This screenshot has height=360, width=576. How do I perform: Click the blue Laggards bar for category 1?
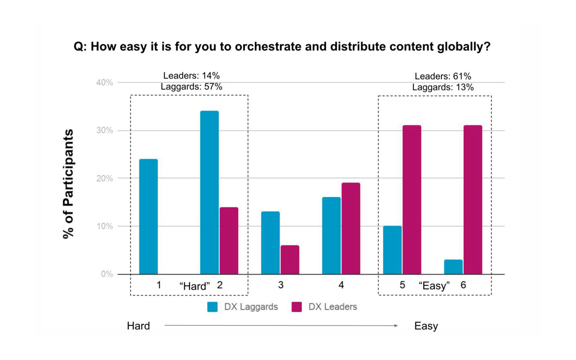(x=148, y=216)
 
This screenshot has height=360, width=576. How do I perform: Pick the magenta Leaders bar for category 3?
(x=290, y=260)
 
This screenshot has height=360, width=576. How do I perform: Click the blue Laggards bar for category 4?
(x=331, y=235)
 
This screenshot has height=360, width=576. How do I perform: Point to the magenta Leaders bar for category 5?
(x=412, y=200)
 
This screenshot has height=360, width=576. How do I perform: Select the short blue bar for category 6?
(x=453, y=267)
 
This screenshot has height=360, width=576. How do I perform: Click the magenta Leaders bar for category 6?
(x=473, y=200)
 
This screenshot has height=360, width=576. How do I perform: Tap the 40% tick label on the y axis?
(x=104, y=82)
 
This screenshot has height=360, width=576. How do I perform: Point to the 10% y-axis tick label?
(x=104, y=226)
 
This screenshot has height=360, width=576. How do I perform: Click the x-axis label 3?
(x=281, y=285)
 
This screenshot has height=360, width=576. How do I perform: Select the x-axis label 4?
(x=341, y=285)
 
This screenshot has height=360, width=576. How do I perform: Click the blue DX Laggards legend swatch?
(x=212, y=307)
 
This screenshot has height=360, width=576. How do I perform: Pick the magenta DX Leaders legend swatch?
(x=297, y=307)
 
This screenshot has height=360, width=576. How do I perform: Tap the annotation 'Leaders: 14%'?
(x=191, y=76)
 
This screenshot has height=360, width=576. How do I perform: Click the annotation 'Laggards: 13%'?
(x=443, y=87)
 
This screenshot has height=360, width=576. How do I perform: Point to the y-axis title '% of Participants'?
(x=68, y=184)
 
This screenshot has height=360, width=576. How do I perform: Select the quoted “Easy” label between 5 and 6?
(x=434, y=286)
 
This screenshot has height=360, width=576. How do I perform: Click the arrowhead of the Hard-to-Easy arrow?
(x=396, y=325)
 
